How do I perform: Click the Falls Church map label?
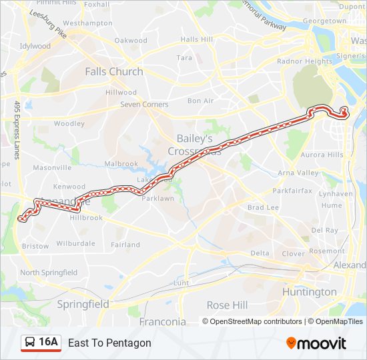[x=113, y=71]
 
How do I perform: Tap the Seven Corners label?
[x=144, y=105]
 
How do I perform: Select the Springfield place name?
[x=83, y=304]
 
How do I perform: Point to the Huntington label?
[x=309, y=292]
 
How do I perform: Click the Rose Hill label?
[x=227, y=305]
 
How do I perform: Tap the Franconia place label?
[x=162, y=321]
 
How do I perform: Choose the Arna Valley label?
[x=298, y=173]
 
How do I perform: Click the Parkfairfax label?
[x=292, y=190]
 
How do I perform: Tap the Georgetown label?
[x=324, y=21]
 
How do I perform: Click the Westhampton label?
[x=87, y=23]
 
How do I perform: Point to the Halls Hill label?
[x=197, y=39]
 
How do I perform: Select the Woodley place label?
[x=69, y=123]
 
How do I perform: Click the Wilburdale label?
[x=76, y=243]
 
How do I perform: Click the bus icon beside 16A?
[x=29, y=343]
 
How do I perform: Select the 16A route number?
[x=49, y=343]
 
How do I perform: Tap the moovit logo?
[x=316, y=343]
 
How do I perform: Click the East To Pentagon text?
[x=109, y=343]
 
